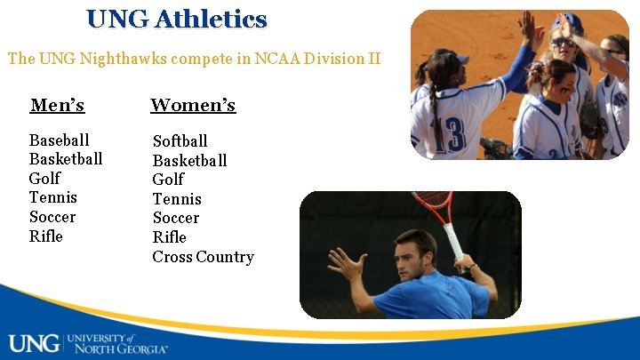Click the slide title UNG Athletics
pyautogui.click(x=177, y=19)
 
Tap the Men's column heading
pyautogui.click(x=57, y=106)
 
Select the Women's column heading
pyautogui.click(x=193, y=106)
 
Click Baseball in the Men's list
pyautogui.click(x=59, y=140)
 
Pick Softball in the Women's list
pyautogui.click(x=180, y=141)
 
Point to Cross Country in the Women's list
pyautogui.click(x=203, y=257)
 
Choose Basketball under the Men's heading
pyautogui.click(x=65, y=159)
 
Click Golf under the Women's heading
pyautogui.click(x=168, y=180)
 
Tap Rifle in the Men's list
pyautogui.click(x=45, y=236)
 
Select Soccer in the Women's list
pyautogui.click(x=175, y=218)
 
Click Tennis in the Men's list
pyautogui.click(x=52, y=197)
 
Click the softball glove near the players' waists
pyautogui.click(x=494, y=147)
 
